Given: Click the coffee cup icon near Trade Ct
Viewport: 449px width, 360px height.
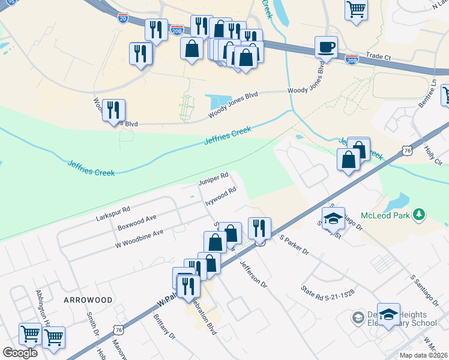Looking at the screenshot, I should pyautogui.click(x=326, y=47).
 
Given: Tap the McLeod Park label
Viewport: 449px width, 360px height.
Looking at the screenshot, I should pyautogui.click(x=385, y=215).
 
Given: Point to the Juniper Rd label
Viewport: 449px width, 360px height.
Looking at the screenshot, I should pyautogui.click(x=214, y=178).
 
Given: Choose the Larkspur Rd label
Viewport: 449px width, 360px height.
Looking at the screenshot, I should pyautogui.click(x=113, y=214).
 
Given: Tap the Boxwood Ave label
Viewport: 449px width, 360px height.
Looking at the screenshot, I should pyautogui.click(x=137, y=222).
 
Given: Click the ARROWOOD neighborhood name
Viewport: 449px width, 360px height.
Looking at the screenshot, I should pyautogui.click(x=88, y=299).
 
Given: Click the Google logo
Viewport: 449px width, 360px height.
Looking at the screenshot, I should pyautogui.click(x=20, y=352).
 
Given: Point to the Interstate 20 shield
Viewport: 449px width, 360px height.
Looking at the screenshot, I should pyautogui.click(x=122, y=18).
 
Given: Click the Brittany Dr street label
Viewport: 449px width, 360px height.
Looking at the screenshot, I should pyautogui.click(x=163, y=326).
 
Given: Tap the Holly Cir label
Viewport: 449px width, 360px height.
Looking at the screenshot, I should pyautogui.click(x=433, y=154).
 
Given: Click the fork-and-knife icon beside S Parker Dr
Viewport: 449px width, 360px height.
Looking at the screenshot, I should pyautogui.click(x=259, y=228).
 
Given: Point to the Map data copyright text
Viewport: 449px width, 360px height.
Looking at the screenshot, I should pyautogui.click(x=422, y=355).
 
